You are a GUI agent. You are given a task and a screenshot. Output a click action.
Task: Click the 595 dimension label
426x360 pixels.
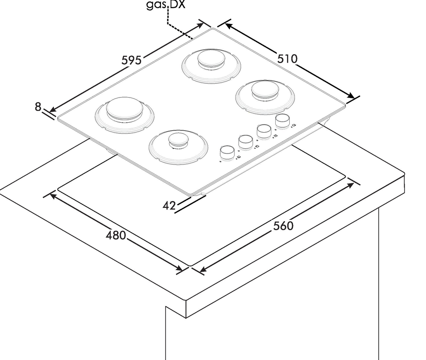pos(132,60)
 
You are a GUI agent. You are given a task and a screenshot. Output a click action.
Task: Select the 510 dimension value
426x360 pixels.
pos(288,59)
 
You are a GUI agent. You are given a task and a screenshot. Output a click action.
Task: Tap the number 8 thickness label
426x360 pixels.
pos(38,107)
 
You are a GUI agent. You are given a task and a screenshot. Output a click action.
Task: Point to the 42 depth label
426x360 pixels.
pos(169,206)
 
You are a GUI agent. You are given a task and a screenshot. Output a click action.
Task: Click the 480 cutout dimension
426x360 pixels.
pos(116,235)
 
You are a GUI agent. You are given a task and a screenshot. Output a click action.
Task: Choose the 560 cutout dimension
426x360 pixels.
pos(283,226)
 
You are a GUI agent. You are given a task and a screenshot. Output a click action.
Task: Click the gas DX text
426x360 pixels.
pos(166,5)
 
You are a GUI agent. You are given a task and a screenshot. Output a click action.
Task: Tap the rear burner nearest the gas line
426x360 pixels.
pos(211,66)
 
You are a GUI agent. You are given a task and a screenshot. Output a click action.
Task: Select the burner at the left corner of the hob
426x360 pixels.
pos(125,115)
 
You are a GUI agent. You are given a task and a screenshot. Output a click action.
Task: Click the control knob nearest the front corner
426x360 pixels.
pos(227,153)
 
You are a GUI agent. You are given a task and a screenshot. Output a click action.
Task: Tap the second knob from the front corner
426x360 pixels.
pos(246,142)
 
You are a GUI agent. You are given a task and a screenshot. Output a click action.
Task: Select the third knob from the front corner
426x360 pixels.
pos(264,131)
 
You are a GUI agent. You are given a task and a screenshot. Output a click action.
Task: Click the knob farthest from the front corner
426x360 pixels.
pos(282,121)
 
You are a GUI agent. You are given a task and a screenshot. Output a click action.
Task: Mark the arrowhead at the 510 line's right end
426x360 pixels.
pos(351,95)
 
